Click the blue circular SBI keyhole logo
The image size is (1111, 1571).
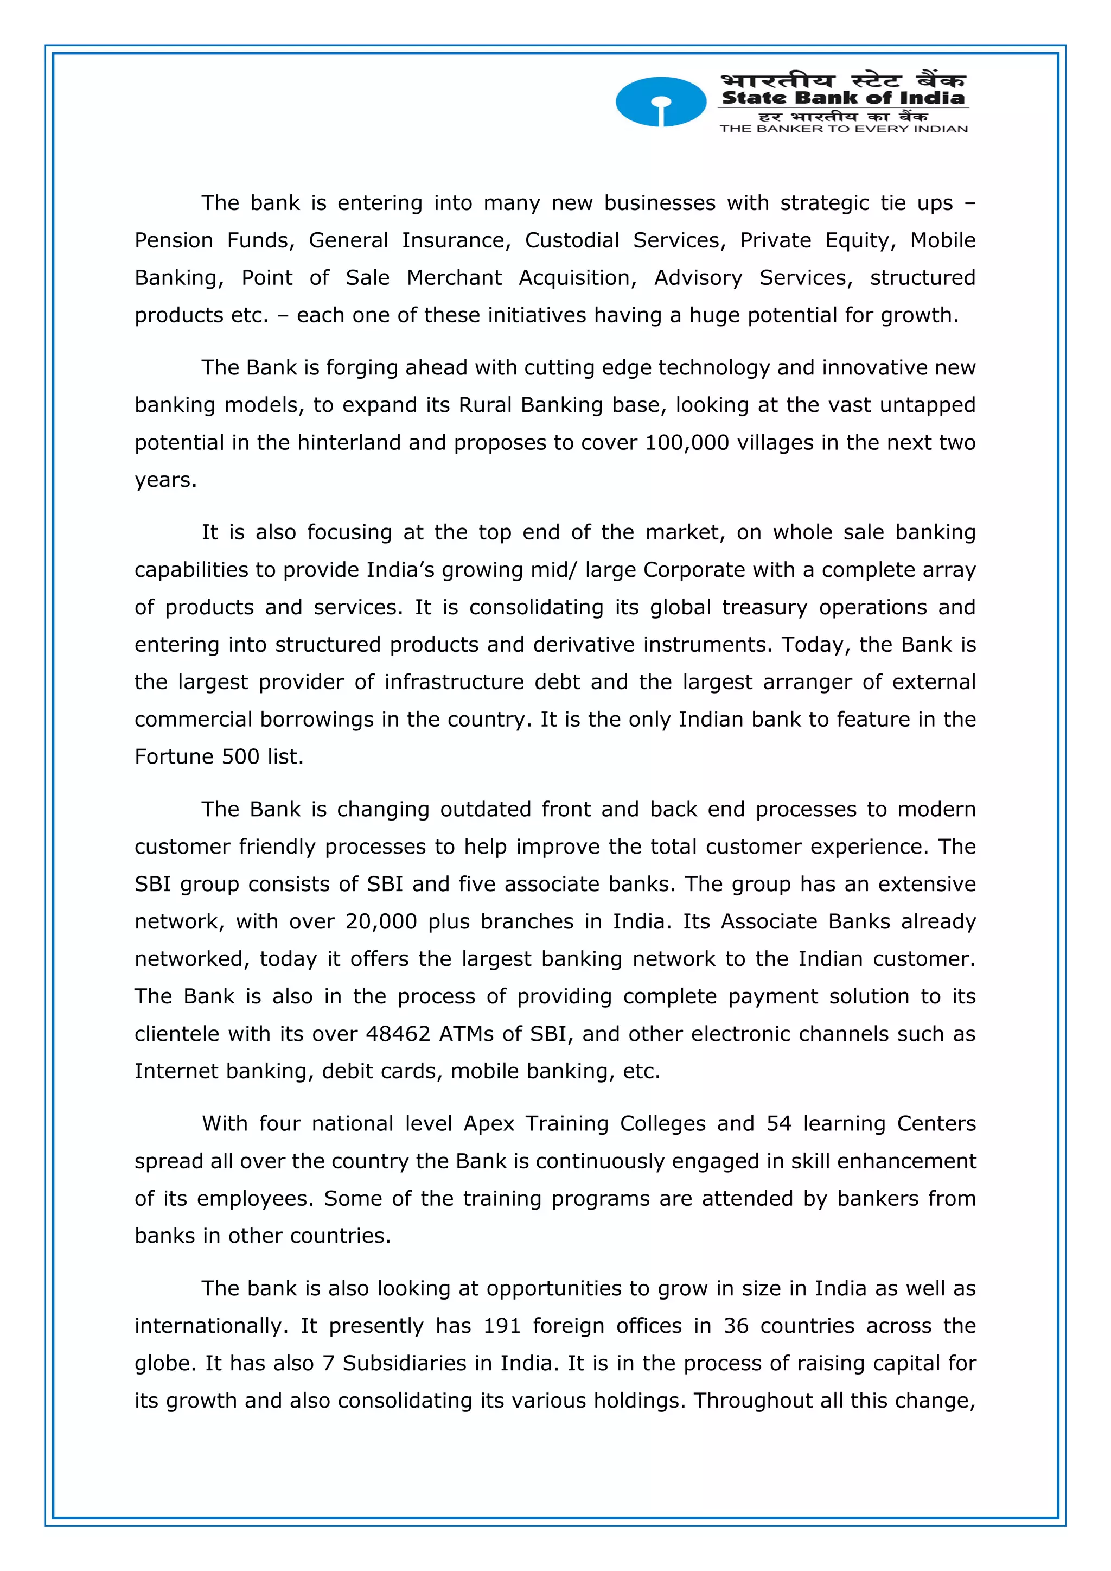point(660,102)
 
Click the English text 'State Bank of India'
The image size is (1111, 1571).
point(843,98)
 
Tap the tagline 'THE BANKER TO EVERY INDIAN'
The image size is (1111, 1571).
point(843,129)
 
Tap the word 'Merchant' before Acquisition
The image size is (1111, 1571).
point(454,278)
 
